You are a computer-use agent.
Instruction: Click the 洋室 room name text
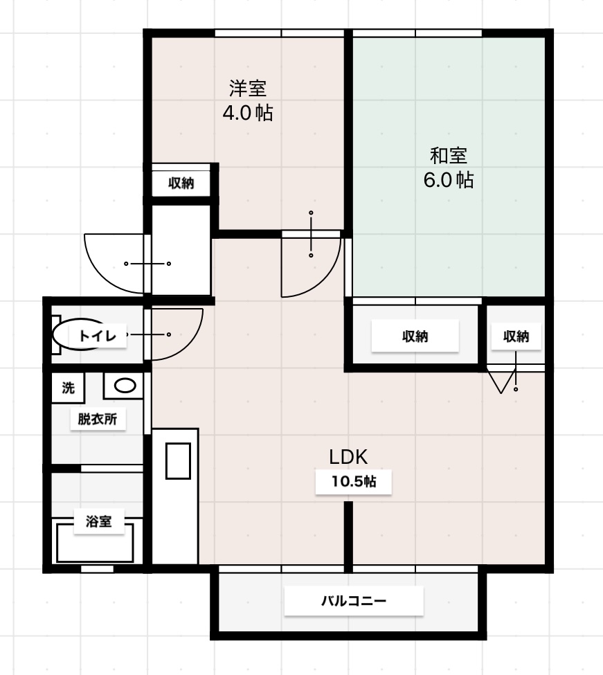click(x=247, y=89)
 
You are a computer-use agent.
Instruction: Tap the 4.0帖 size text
click(x=247, y=113)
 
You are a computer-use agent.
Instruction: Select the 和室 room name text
click(x=448, y=155)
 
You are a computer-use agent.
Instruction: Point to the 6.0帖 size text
click(x=448, y=180)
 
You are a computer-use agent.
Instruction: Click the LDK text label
click(x=348, y=457)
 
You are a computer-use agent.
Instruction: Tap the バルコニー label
click(x=353, y=601)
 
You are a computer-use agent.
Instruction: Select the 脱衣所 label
click(x=97, y=419)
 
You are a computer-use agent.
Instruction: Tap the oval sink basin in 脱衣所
click(x=125, y=386)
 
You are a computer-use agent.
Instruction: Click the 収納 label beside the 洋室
click(x=181, y=183)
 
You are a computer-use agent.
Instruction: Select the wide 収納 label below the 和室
click(x=415, y=336)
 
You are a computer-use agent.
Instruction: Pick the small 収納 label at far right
click(x=516, y=336)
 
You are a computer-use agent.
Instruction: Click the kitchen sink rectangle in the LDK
click(x=178, y=460)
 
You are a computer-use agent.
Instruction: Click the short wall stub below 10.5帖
click(x=349, y=533)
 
